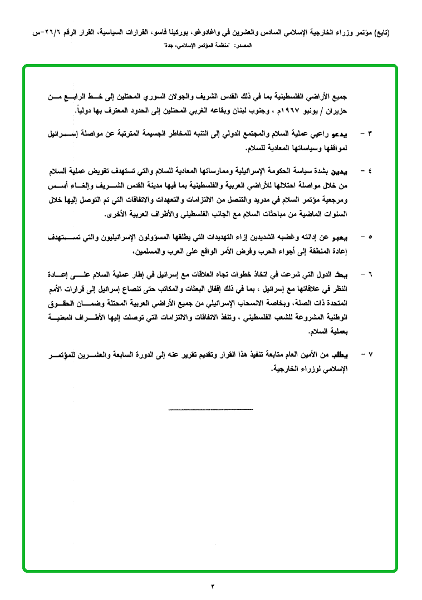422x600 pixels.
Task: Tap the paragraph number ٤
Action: [x=370, y=170]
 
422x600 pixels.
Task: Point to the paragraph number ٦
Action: [x=370, y=275]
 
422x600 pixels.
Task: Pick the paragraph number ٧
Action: [x=370, y=355]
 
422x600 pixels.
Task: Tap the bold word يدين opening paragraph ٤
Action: [x=352, y=170]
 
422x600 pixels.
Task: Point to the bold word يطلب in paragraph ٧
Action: [x=350, y=355]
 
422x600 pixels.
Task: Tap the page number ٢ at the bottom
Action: [x=212, y=586]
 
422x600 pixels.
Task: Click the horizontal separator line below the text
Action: [x=210, y=410]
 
